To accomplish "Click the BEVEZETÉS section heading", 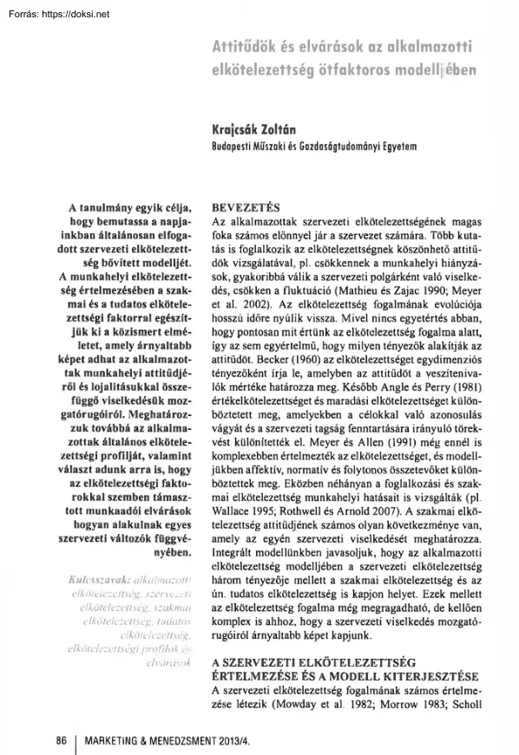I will (246, 209).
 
